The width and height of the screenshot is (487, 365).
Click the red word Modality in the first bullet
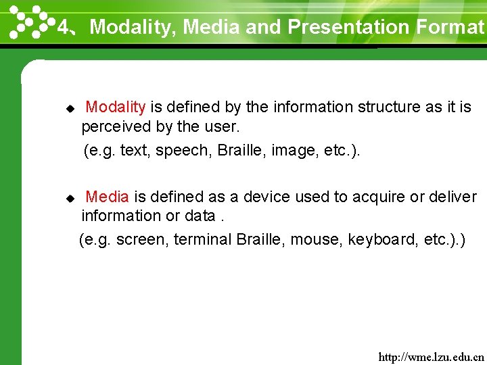[x=116, y=107]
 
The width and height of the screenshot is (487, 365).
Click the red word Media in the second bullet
[x=107, y=197]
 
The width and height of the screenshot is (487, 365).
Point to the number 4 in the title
[x=63, y=27]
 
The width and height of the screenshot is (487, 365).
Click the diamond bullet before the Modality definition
[x=68, y=108]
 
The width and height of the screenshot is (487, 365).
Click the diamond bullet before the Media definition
[x=68, y=198]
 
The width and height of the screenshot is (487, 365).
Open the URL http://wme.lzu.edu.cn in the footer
[x=431, y=356]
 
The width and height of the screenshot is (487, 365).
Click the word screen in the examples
[x=141, y=240]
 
